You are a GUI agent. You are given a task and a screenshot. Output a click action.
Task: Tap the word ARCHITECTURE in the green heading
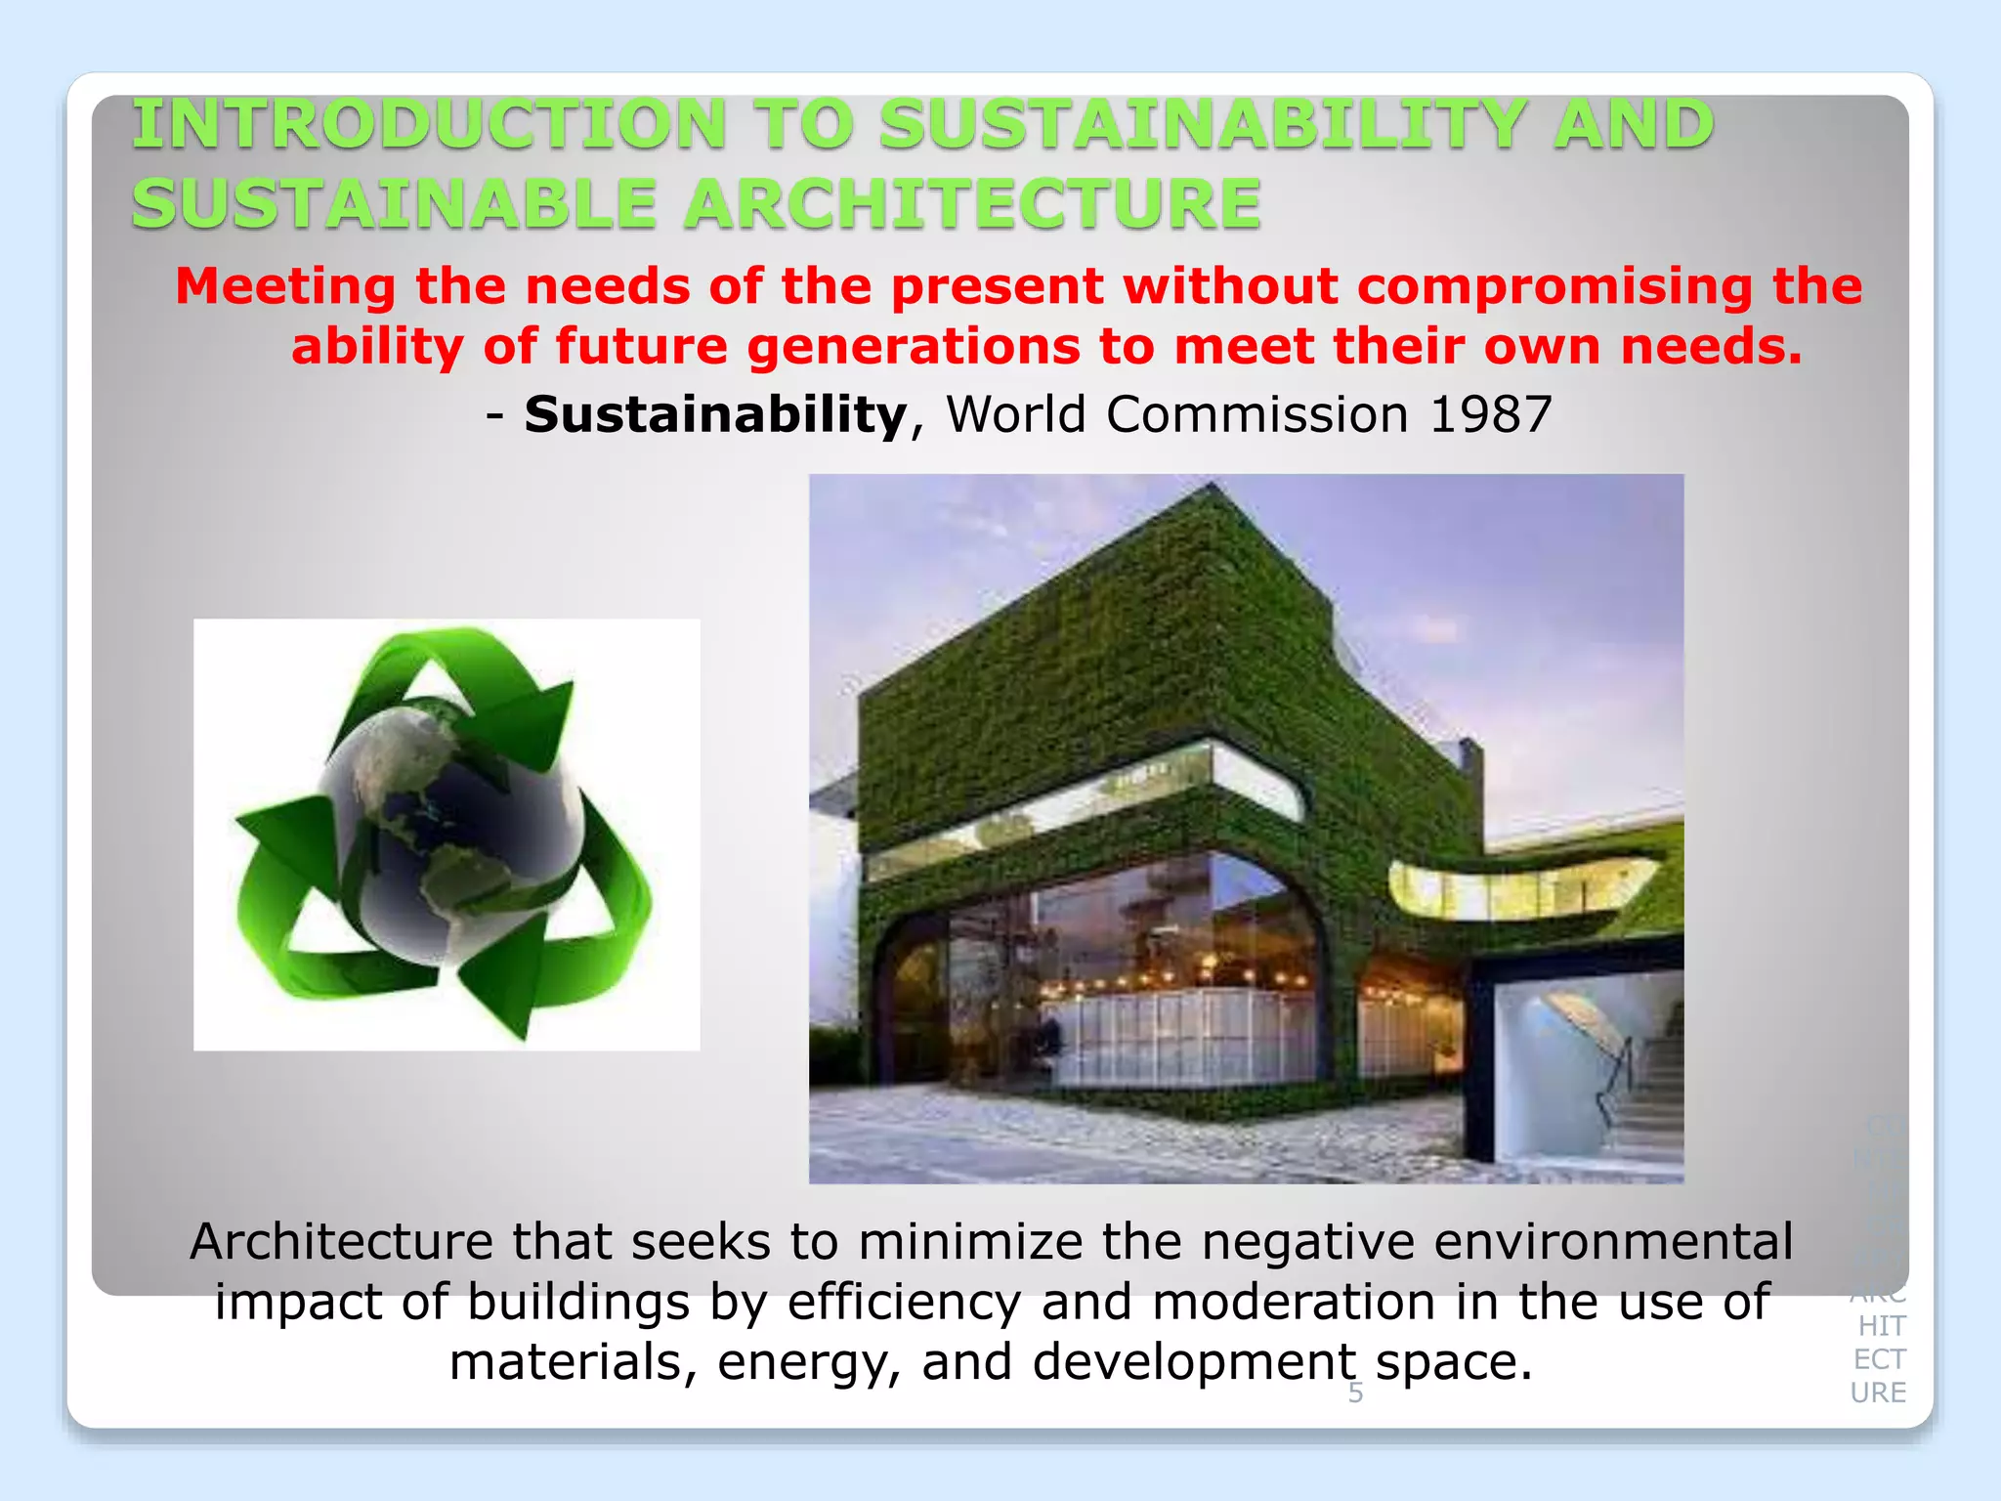coord(971,205)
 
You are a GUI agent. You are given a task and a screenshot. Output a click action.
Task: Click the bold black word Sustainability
coord(716,414)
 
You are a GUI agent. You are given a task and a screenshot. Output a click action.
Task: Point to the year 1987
coord(1490,414)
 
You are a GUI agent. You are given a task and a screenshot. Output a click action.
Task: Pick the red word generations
coord(915,347)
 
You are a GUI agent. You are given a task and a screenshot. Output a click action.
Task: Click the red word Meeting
coord(285,287)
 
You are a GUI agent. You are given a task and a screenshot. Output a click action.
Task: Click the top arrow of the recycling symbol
coord(459,684)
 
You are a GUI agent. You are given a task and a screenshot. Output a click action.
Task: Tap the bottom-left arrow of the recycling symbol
coord(313,909)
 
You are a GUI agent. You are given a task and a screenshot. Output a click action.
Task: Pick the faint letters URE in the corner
coord(1878,1393)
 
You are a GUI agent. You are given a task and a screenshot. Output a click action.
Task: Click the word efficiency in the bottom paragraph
coord(904,1303)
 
